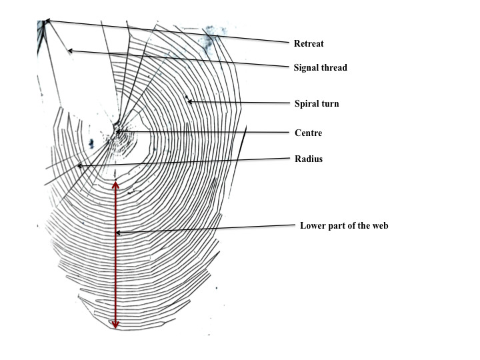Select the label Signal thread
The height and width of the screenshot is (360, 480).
[x=320, y=67]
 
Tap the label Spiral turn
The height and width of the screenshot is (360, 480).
[x=317, y=103]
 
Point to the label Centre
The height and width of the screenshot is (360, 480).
[x=308, y=133]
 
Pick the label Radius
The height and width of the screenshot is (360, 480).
[x=308, y=159]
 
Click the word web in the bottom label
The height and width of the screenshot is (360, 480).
[x=379, y=225]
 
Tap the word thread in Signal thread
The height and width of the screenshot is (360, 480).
[x=333, y=67]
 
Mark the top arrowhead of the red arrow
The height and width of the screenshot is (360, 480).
[x=115, y=184]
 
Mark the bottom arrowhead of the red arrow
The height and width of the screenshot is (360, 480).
[x=115, y=326]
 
